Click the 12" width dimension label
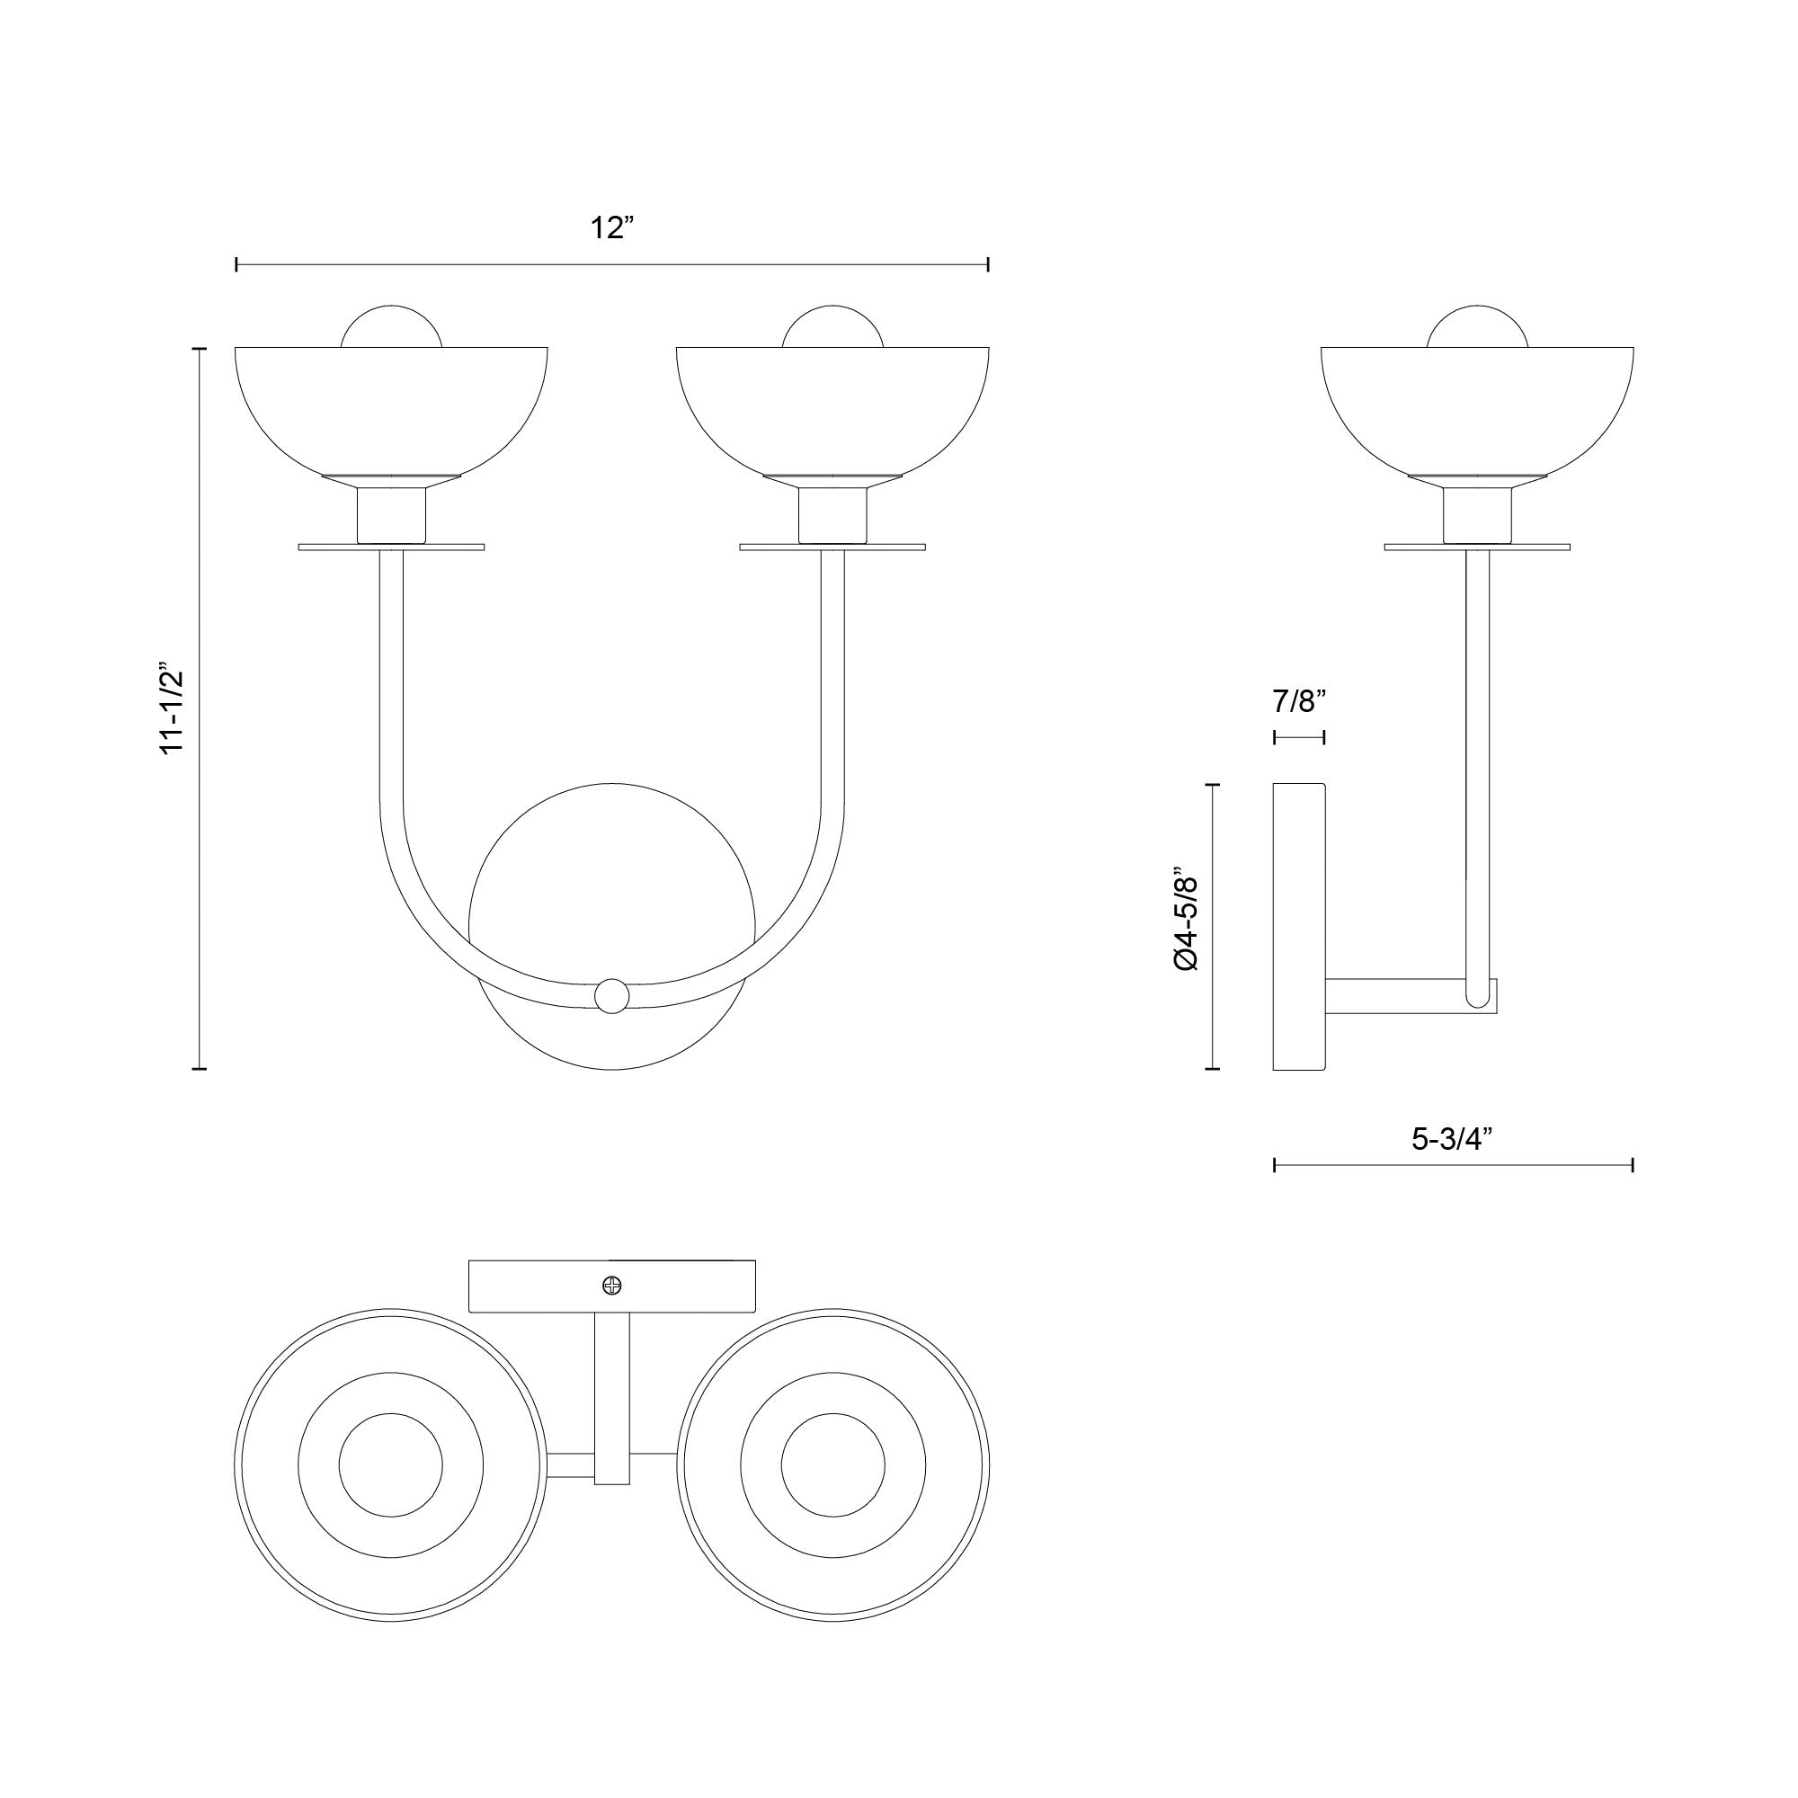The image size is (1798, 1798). [x=611, y=228]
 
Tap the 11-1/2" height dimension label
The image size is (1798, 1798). [x=174, y=709]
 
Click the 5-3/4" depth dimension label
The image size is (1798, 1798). [x=1452, y=1138]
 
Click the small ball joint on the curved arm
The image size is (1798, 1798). [x=611, y=996]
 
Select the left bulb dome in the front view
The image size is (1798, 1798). [x=391, y=327]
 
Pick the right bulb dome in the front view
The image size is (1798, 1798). [x=832, y=327]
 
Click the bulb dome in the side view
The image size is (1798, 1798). [x=1477, y=327]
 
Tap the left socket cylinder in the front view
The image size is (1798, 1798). [x=392, y=517]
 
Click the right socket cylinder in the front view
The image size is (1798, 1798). [x=833, y=517]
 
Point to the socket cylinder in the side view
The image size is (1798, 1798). [x=1477, y=517]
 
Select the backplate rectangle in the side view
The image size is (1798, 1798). [x=1298, y=927]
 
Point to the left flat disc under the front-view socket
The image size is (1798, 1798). [x=325, y=547]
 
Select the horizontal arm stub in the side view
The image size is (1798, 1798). [x=1396, y=996]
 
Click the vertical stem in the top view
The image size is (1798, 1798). [x=611, y=1396]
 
